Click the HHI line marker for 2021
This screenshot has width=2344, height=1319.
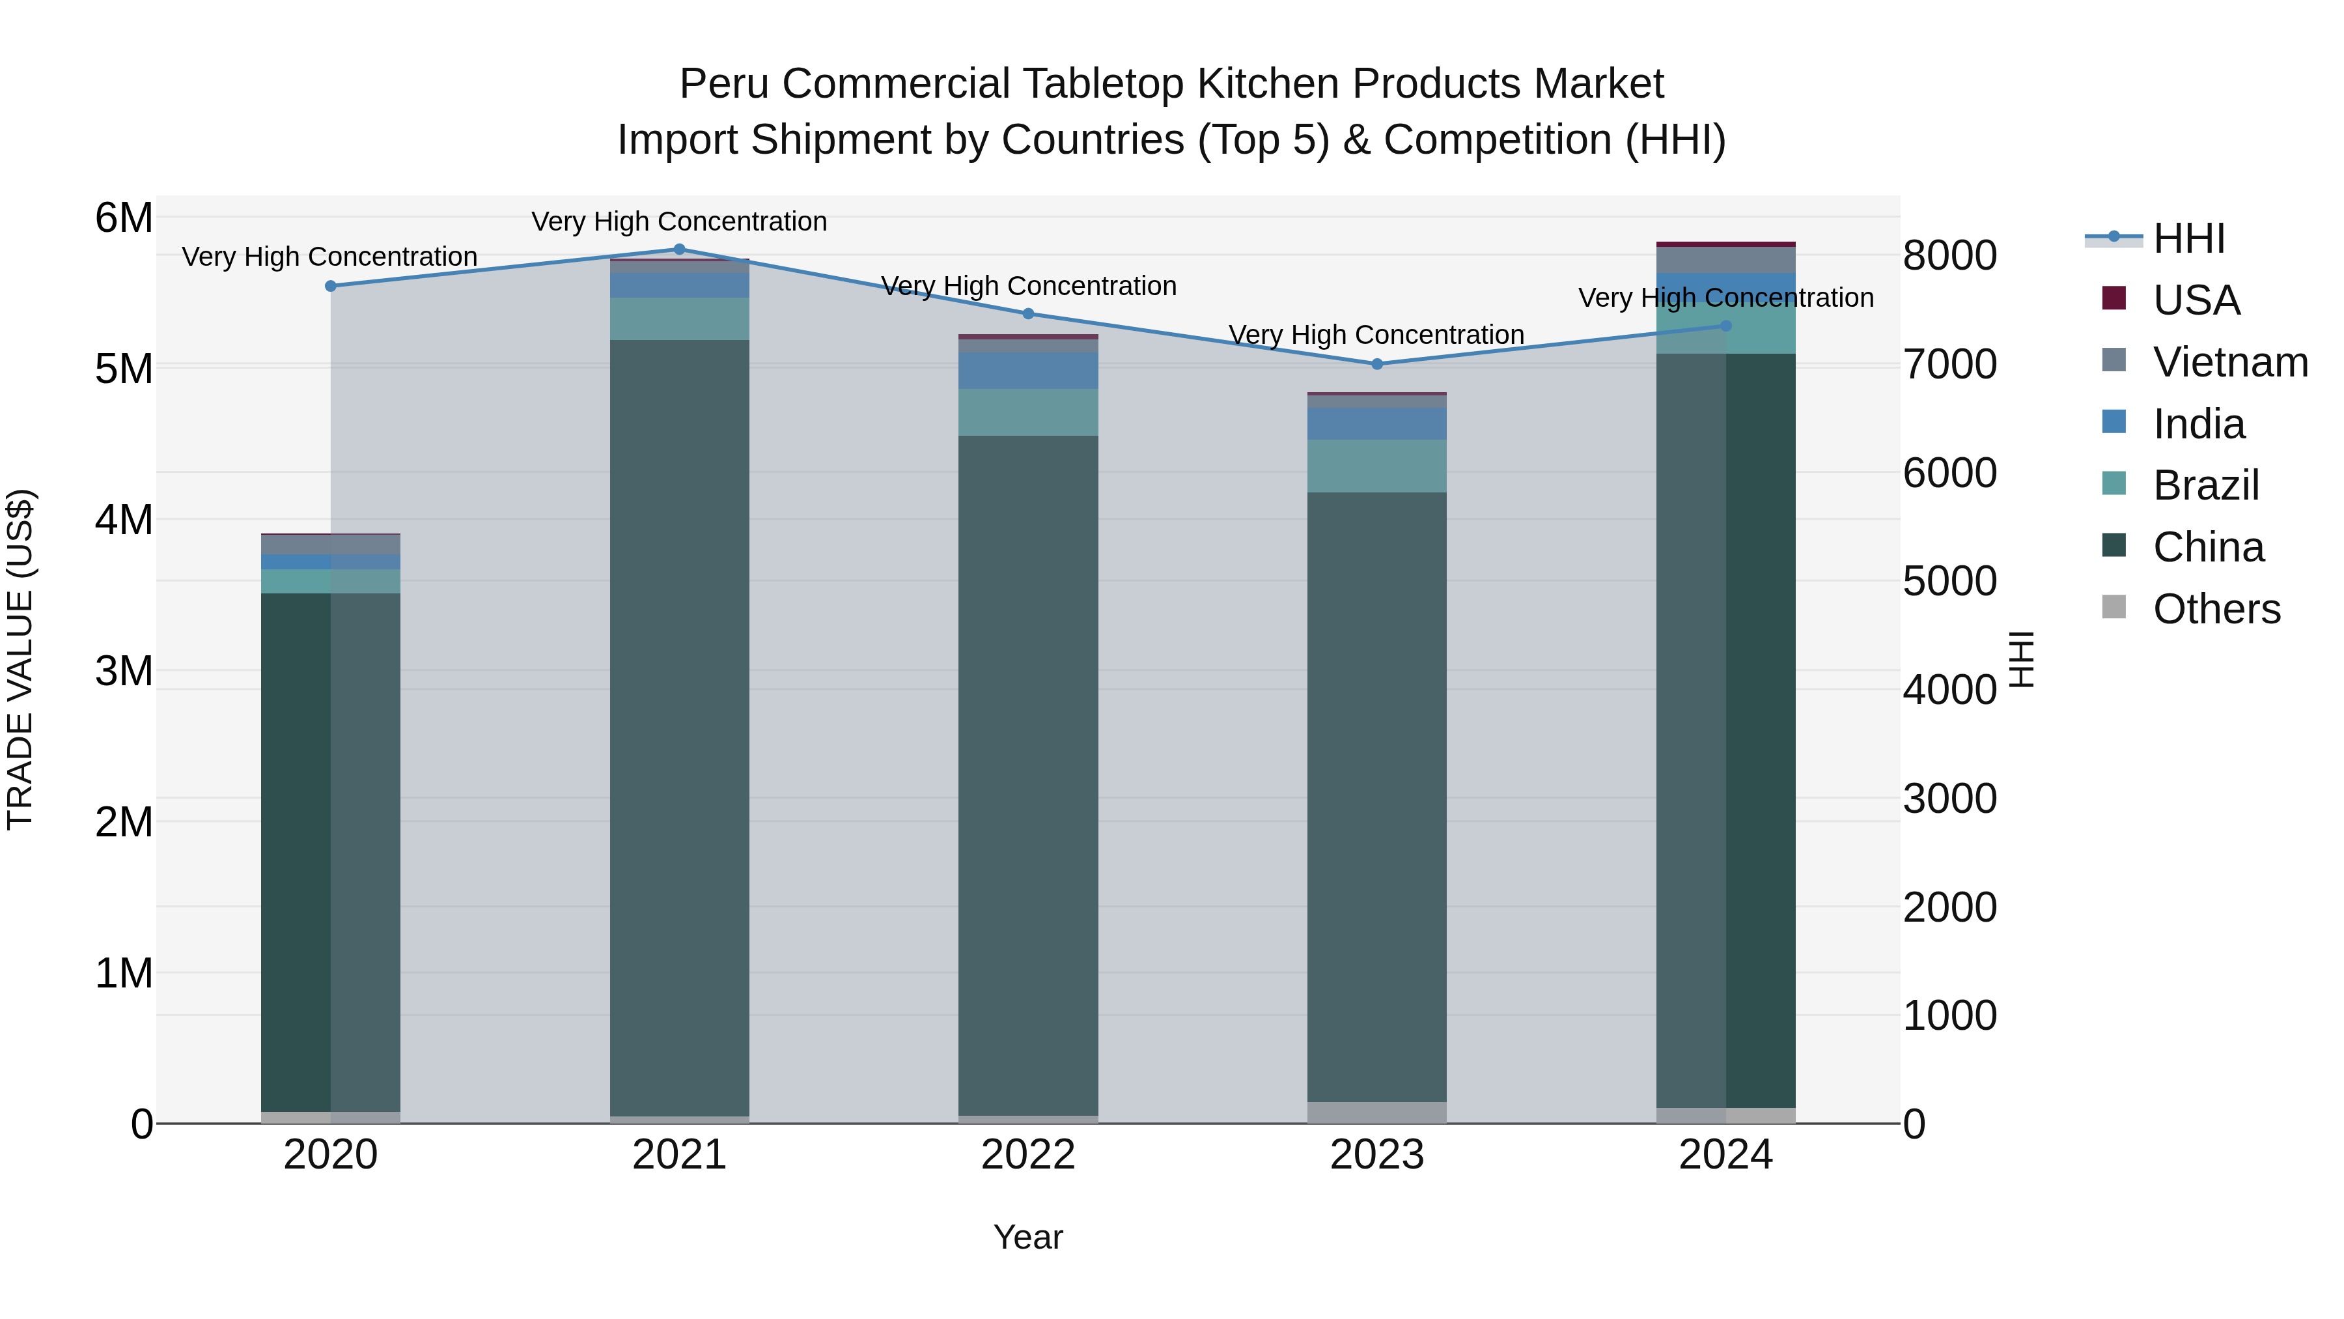point(679,249)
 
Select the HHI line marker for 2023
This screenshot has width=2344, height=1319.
point(1376,364)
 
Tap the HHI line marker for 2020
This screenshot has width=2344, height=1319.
point(331,286)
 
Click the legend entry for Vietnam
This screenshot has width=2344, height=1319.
point(2229,362)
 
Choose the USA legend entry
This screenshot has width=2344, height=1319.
point(2196,300)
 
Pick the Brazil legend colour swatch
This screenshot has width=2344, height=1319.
point(2114,484)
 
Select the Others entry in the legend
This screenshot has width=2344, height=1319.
point(2216,609)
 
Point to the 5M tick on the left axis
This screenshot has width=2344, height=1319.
point(124,369)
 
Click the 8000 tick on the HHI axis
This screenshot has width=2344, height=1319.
point(1949,256)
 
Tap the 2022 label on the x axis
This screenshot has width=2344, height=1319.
point(1028,1155)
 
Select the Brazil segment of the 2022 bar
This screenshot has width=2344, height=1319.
point(1028,412)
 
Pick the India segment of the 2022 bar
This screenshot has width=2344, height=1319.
point(1028,371)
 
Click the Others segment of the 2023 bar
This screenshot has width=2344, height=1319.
point(1376,1113)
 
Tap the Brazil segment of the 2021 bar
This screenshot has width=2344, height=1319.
point(679,319)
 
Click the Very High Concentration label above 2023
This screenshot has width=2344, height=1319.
point(1376,335)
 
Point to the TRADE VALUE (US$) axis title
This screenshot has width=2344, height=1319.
point(21,659)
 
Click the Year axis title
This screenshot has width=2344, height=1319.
point(1028,1237)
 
